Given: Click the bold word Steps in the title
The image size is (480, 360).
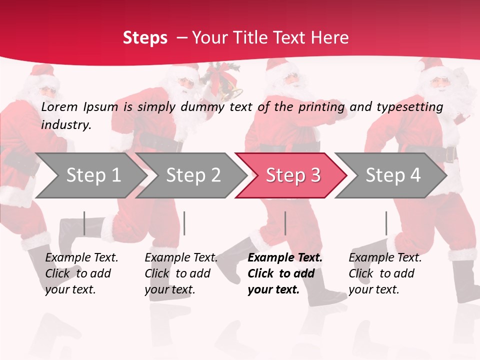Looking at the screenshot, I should [145, 38].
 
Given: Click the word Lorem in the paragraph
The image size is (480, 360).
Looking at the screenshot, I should [59, 107].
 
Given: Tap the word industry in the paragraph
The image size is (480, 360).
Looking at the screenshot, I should [65, 125].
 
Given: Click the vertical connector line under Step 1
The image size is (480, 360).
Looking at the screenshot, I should [84, 223].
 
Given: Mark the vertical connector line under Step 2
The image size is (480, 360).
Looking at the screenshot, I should [184, 223].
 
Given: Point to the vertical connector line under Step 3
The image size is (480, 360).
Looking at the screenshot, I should [285, 223].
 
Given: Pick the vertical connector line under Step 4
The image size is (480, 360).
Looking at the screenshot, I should [386, 223].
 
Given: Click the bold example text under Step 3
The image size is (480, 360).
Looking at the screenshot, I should [284, 273].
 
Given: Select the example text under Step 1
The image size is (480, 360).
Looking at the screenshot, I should [81, 273].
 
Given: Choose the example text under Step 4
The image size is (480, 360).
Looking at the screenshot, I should [384, 273].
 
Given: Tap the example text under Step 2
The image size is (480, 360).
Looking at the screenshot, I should [181, 273].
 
